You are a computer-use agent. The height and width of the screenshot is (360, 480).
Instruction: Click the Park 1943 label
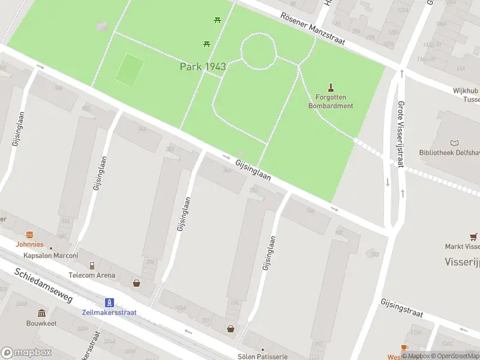(x=203, y=67)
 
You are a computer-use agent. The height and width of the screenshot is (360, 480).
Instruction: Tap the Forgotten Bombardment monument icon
(x=330, y=88)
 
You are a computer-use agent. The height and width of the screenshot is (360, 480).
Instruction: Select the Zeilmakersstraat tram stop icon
(x=110, y=302)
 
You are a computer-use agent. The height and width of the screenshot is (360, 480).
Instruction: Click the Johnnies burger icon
(x=29, y=235)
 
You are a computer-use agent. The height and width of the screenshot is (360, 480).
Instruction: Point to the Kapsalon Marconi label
(x=51, y=255)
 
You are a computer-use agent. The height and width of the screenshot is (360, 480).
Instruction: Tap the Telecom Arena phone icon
(x=92, y=265)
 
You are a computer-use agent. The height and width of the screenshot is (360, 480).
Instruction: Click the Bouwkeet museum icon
(x=41, y=313)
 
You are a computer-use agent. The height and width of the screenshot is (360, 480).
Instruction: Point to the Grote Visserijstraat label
(x=400, y=133)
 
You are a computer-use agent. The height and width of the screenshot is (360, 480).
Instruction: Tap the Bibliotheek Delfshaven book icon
(x=454, y=143)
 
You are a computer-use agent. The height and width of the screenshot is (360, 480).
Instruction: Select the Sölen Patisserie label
(x=262, y=356)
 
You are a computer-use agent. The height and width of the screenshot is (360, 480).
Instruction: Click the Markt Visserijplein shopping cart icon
(x=474, y=236)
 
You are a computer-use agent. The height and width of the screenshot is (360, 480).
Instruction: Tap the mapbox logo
(x=26, y=353)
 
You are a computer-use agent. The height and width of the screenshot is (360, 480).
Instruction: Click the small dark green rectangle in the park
(x=130, y=69)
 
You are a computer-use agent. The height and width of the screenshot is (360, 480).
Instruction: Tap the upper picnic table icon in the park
(x=217, y=20)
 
